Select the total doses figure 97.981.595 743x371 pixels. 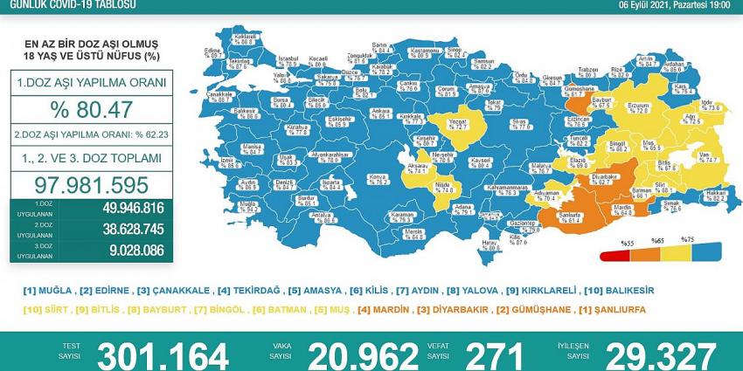[x=91, y=185]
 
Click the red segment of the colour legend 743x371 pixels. [x=611, y=256]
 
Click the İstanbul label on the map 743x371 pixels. [x=288, y=59]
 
